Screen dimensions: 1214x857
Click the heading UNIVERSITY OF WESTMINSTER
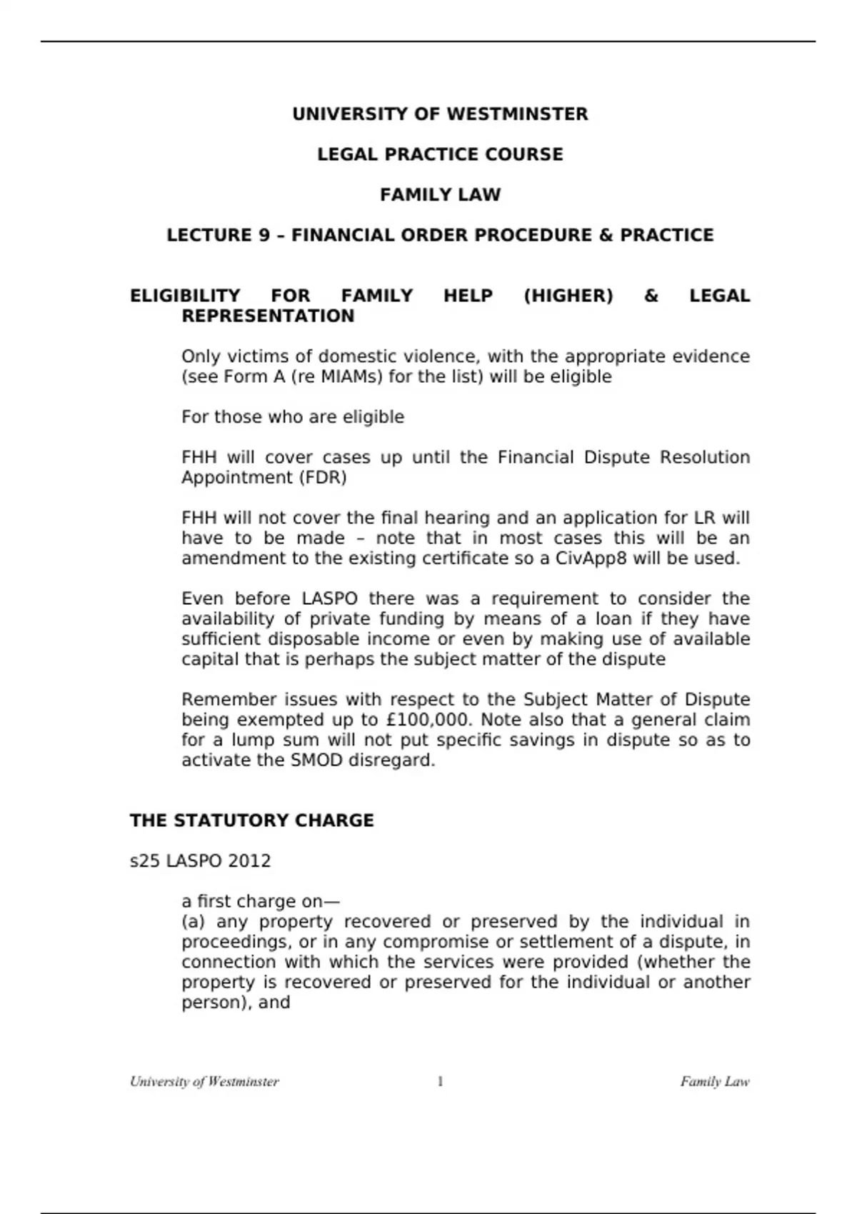coord(440,114)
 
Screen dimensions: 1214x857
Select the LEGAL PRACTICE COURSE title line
coord(440,154)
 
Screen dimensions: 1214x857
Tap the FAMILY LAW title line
coord(440,195)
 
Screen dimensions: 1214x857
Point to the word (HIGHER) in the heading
coord(568,296)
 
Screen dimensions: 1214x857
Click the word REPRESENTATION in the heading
coord(268,316)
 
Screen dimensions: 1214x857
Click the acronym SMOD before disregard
coord(317,761)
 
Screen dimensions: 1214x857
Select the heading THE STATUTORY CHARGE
coord(251,821)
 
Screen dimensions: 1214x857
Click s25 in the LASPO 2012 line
coord(144,861)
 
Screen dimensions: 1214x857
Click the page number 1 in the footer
coord(440,1081)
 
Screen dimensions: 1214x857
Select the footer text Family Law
coord(714,1081)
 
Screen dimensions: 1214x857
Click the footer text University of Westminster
coord(204,1081)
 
